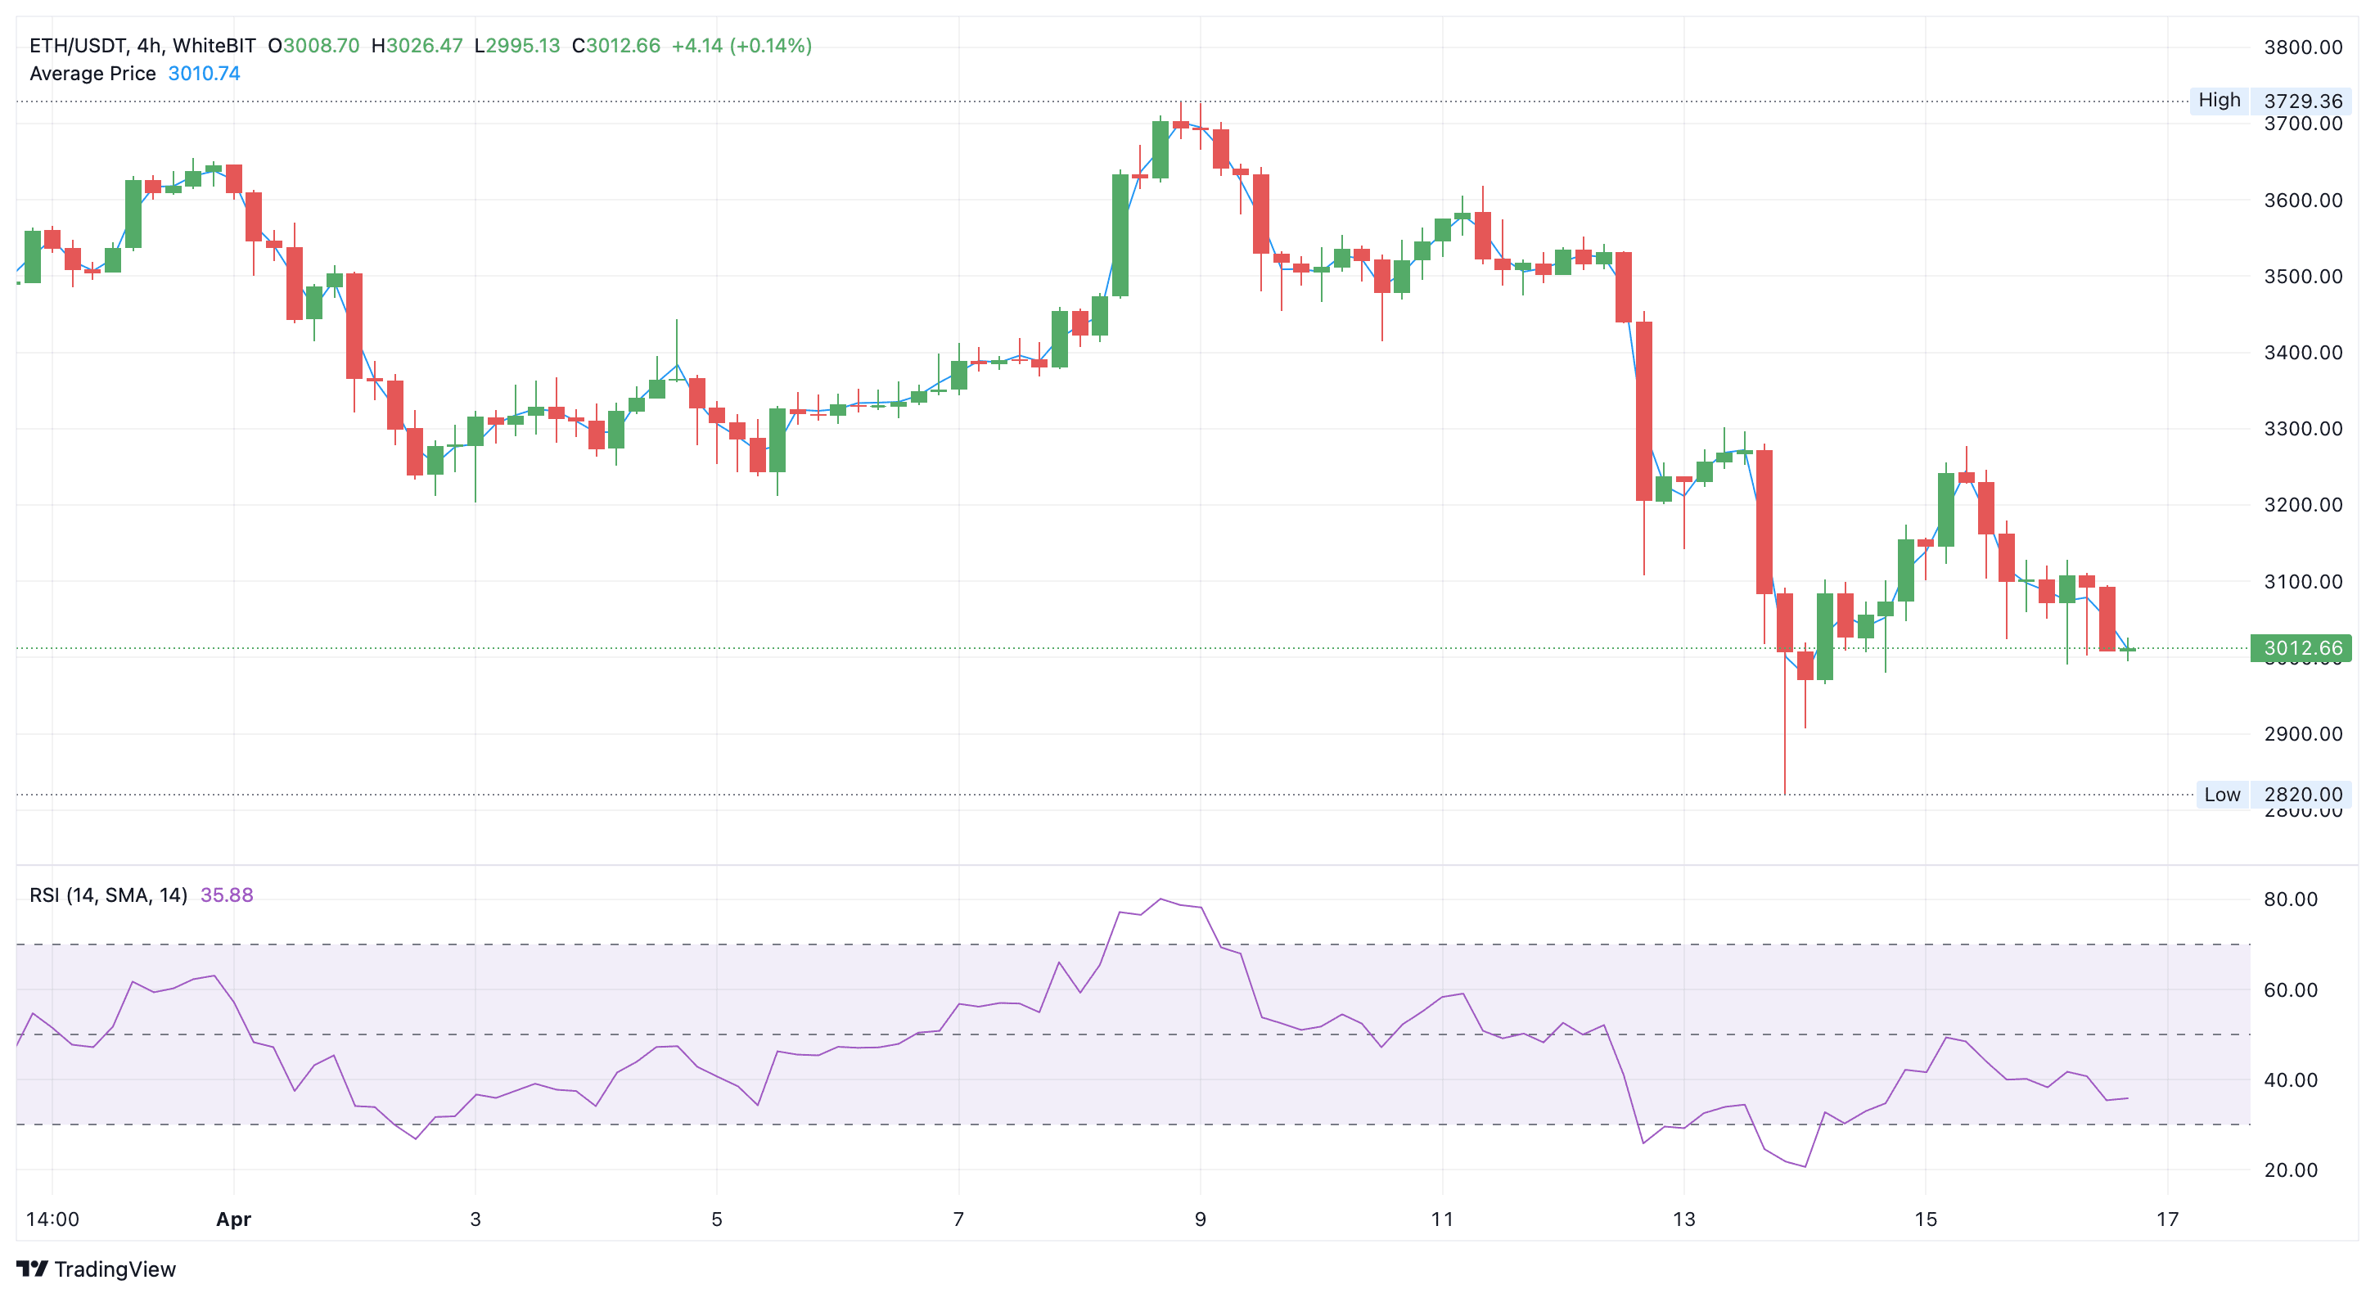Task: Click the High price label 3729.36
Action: click(x=2302, y=101)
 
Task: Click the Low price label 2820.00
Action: click(x=2302, y=794)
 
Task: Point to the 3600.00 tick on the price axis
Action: click(x=2302, y=200)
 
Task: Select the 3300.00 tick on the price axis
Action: click(x=2302, y=429)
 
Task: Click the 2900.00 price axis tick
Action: click(x=2302, y=734)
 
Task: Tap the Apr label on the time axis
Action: click(x=233, y=1219)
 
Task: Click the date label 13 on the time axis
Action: click(x=1683, y=1219)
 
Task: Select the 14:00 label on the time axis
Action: click(x=52, y=1219)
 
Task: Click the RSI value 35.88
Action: click(x=226, y=895)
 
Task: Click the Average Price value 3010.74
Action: click(x=204, y=74)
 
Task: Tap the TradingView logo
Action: click(x=96, y=1269)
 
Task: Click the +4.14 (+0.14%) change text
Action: click(x=741, y=45)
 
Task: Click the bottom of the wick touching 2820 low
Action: click(x=1785, y=792)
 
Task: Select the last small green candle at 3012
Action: click(x=2127, y=649)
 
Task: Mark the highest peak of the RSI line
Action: click(x=1160, y=899)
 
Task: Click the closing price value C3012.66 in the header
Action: click(x=616, y=45)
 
